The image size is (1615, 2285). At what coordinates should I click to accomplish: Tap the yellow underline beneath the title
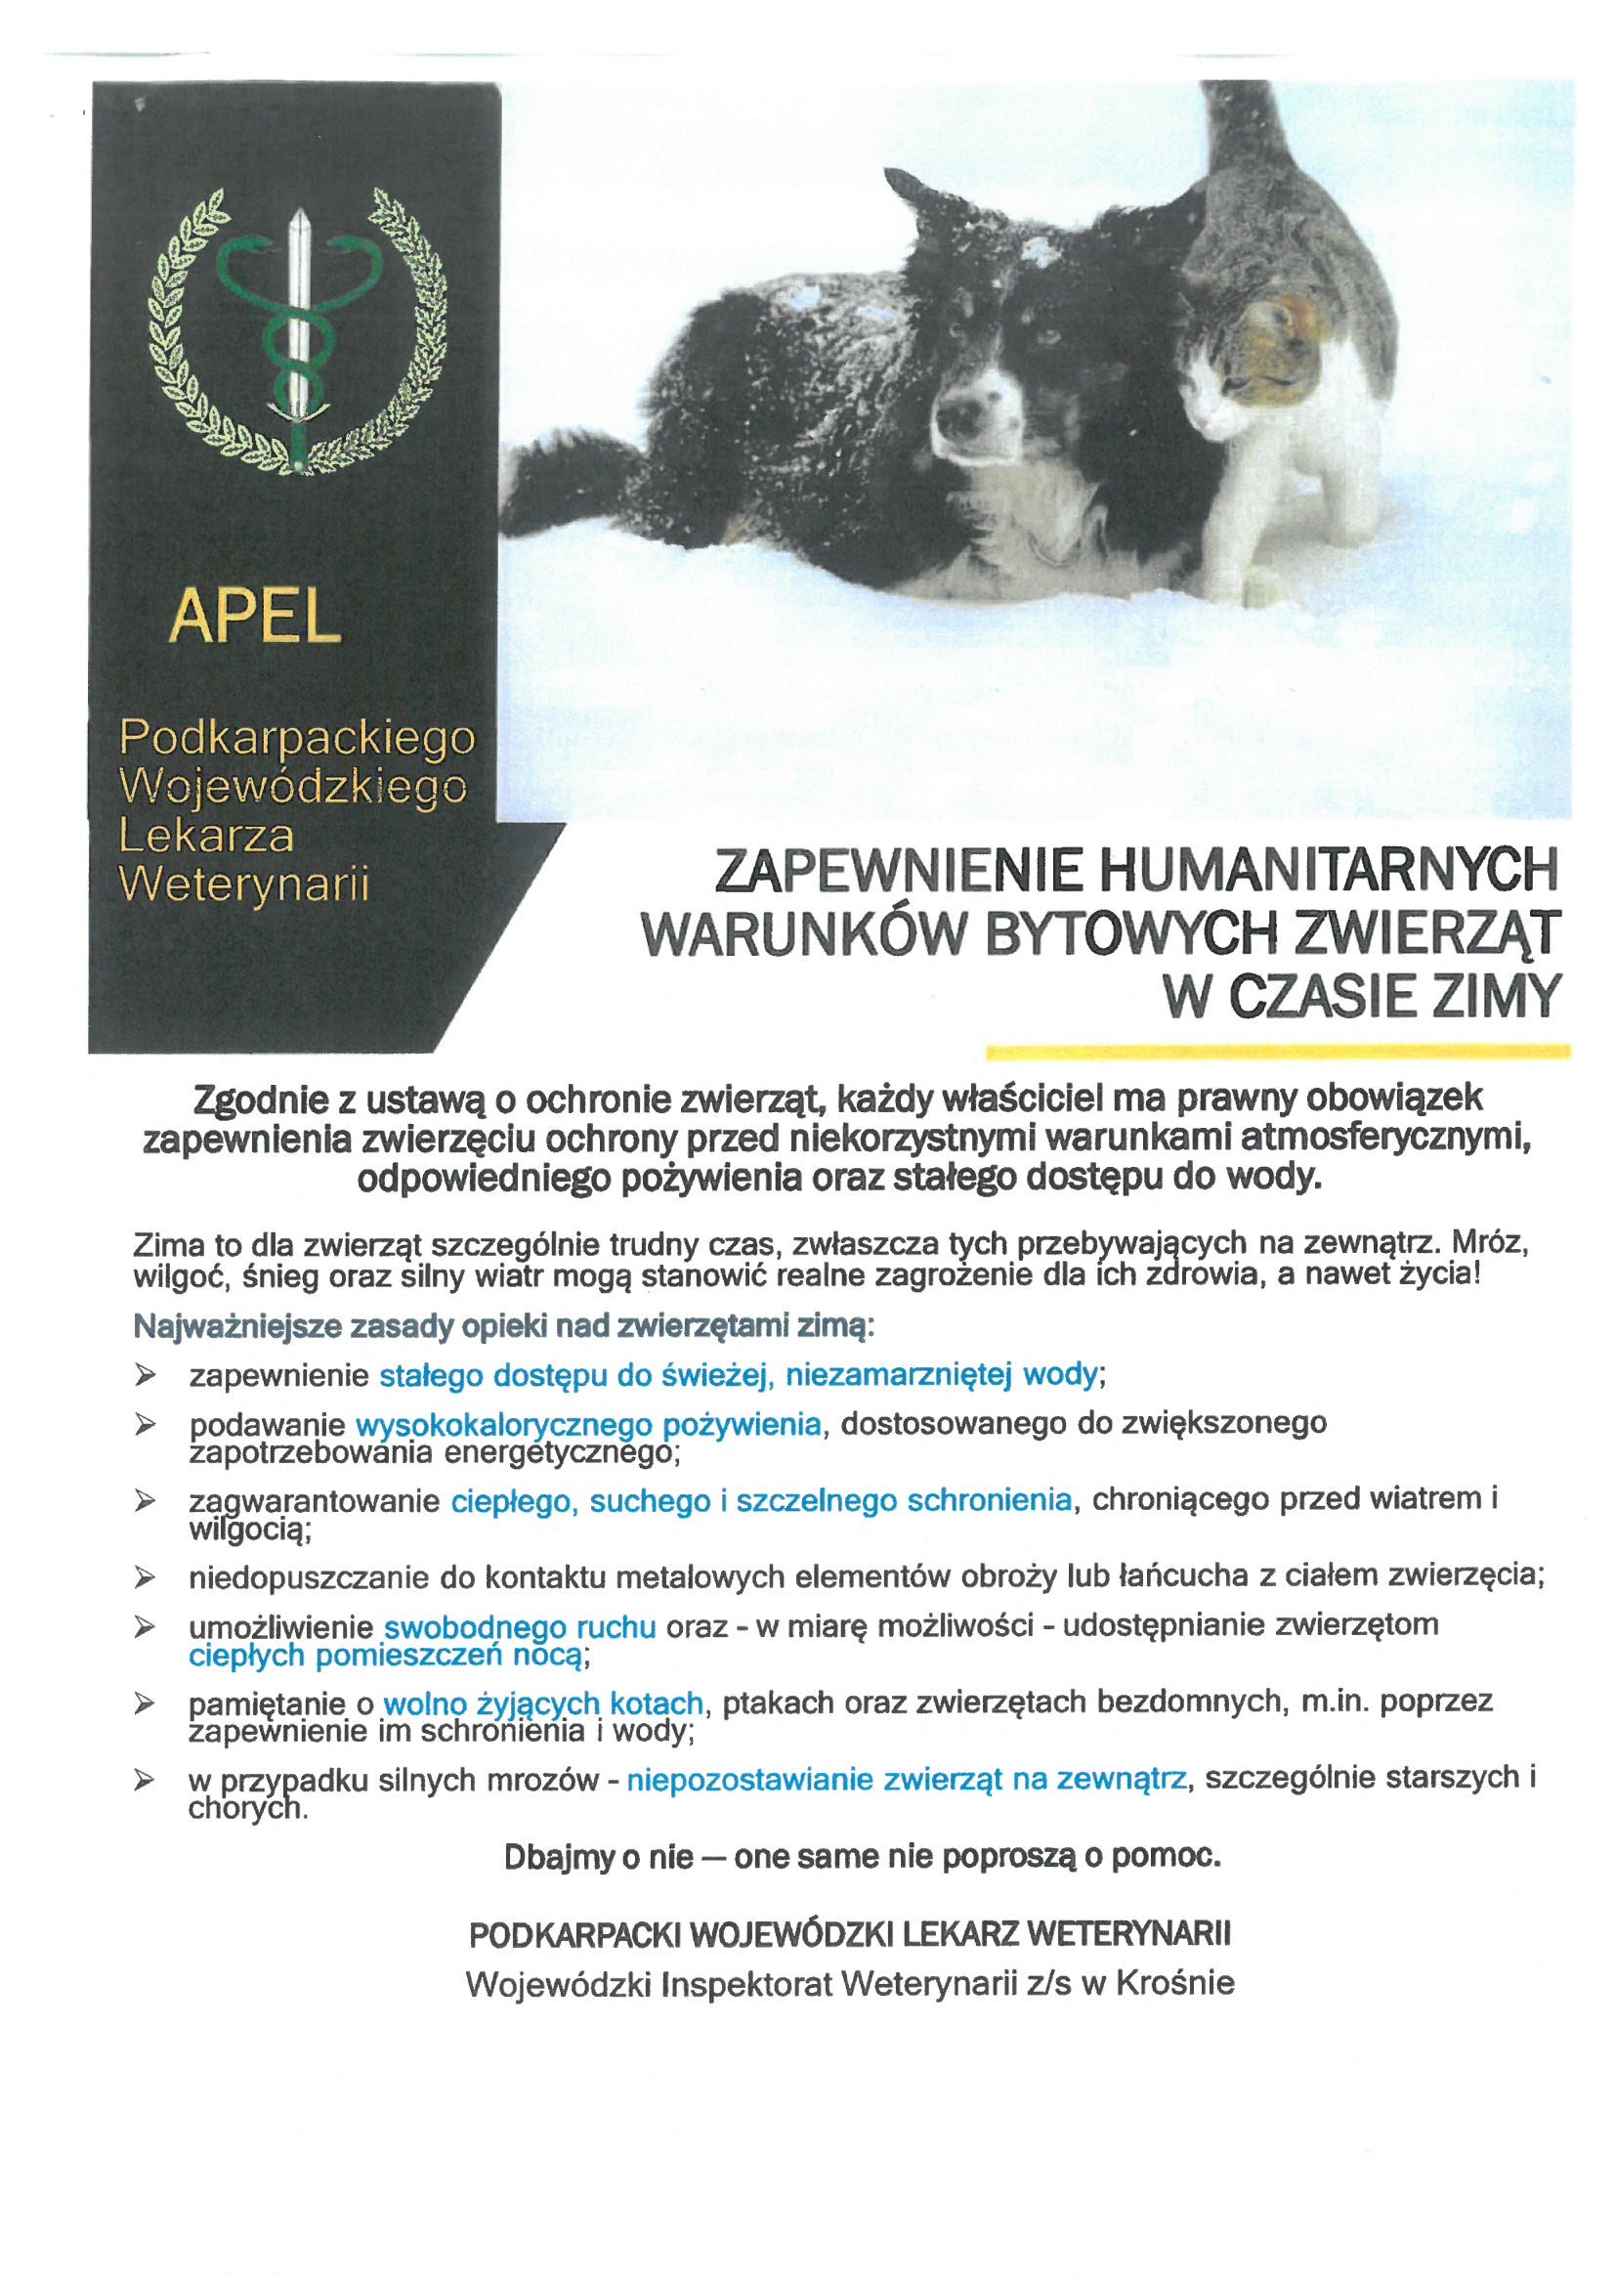point(1277,1050)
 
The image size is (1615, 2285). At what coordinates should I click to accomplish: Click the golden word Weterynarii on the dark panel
point(244,884)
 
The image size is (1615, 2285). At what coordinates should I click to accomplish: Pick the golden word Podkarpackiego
point(298,738)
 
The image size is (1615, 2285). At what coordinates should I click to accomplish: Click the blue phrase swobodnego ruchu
point(520,1626)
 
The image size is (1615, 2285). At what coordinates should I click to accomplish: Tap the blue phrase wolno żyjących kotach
point(544,1703)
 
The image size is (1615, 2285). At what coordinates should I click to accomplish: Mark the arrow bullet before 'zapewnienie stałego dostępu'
point(147,1375)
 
